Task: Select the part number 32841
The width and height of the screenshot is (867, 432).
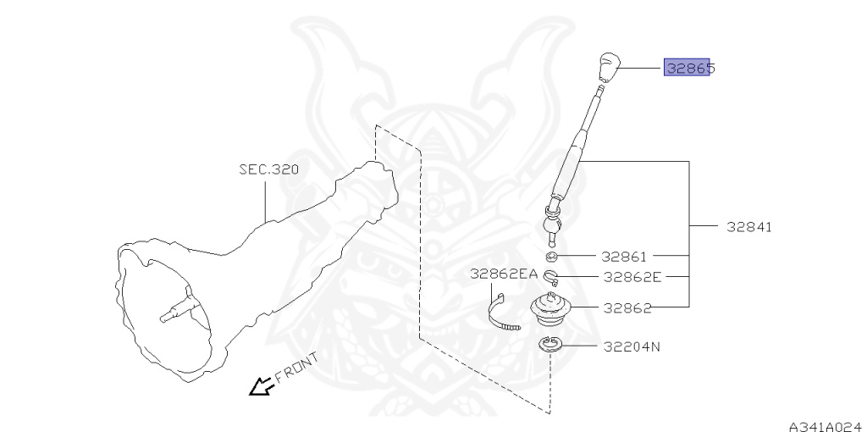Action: pos(748,228)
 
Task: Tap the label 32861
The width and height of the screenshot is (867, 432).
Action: pos(624,255)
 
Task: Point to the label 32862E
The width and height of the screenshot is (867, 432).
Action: pos(632,276)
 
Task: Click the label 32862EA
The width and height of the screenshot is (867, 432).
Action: pos(505,274)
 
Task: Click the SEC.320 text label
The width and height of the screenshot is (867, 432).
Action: pos(268,169)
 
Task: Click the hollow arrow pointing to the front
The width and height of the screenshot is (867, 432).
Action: pos(259,385)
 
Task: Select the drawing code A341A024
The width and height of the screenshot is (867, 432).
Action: pos(825,425)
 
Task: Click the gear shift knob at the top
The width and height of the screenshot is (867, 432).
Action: pos(606,68)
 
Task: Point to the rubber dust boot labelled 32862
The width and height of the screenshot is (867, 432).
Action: pos(551,309)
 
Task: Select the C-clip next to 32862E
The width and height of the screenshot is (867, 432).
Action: pos(551,275)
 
